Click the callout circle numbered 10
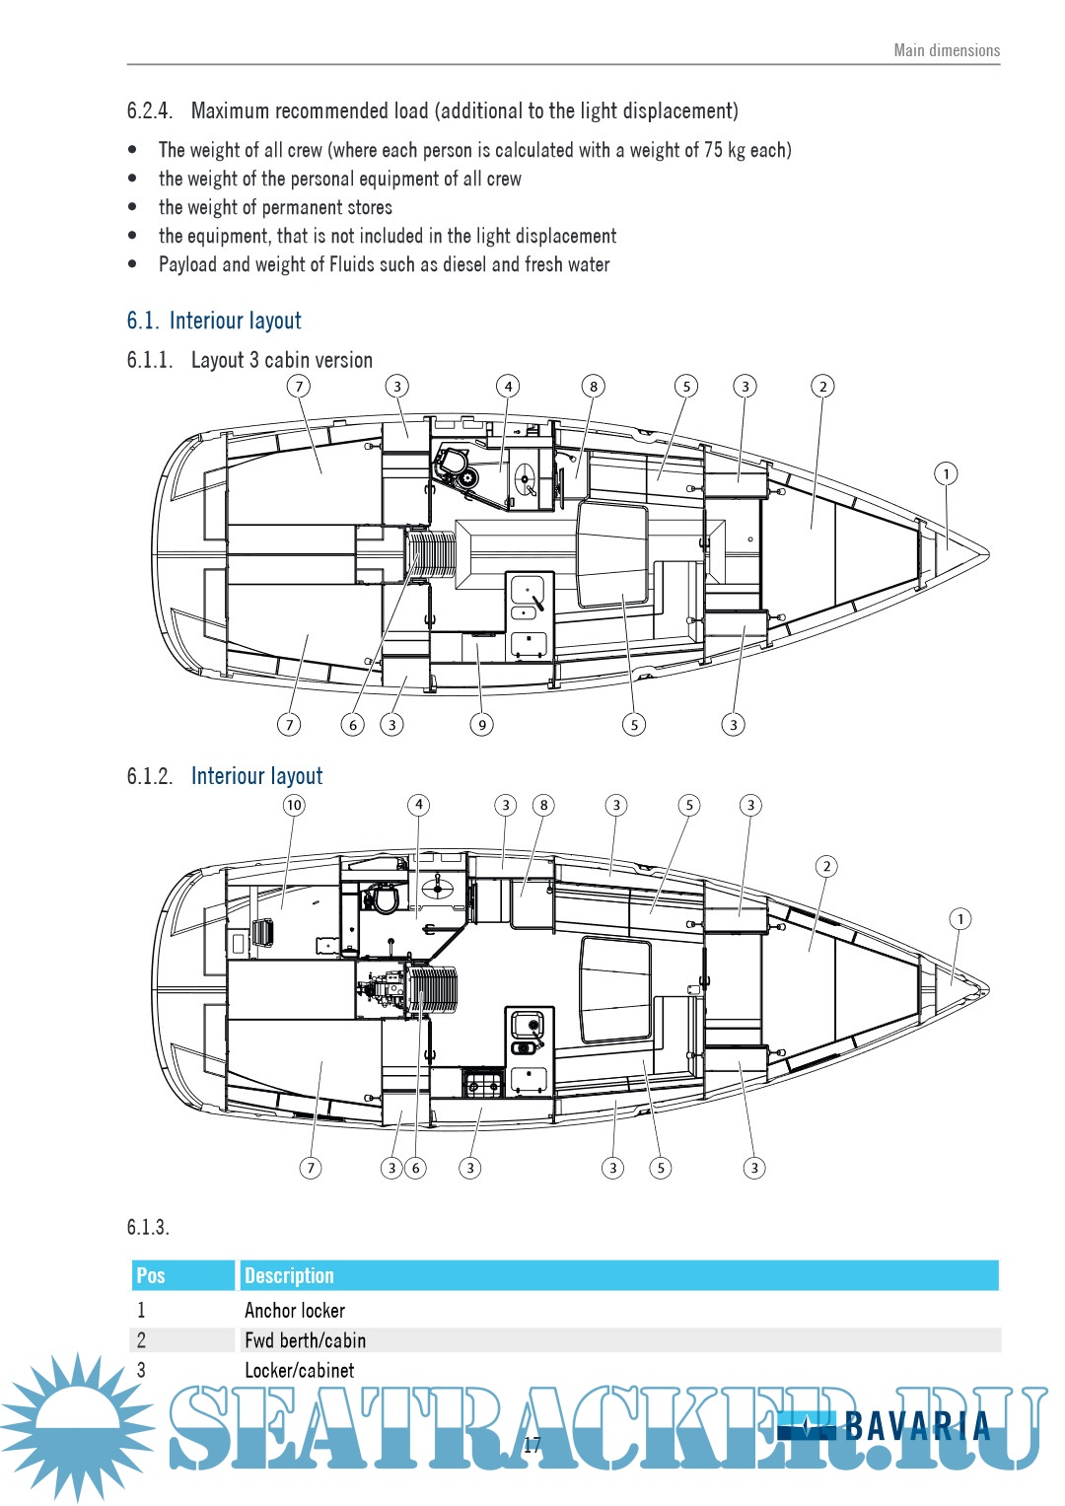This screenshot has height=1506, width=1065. (294, 805)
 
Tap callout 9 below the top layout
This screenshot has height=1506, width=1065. (482, 725)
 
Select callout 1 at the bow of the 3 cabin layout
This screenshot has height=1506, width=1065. (946, 474)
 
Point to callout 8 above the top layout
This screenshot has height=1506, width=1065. (593, 387)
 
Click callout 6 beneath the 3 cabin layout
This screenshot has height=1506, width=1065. (353, 725)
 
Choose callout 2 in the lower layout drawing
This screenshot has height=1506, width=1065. (826, 867)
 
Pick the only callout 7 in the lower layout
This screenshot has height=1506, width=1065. (311, 1168)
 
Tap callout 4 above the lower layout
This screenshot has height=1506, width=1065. (419, 805)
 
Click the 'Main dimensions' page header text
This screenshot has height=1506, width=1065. (946, 50)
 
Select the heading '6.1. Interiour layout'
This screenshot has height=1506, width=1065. (214, 321)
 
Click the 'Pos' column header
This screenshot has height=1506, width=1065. (151, 1275)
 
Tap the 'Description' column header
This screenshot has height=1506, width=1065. (289, 1275)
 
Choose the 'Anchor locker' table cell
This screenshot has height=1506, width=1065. (295, 1311)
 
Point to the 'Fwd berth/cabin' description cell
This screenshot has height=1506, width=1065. (305, 1340)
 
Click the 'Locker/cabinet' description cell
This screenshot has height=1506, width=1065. (299, 1370)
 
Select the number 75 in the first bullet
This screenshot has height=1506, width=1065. (713, 150)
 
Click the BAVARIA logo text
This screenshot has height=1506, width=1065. (917, 1426)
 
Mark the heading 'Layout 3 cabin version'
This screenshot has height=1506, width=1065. (282, 360)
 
